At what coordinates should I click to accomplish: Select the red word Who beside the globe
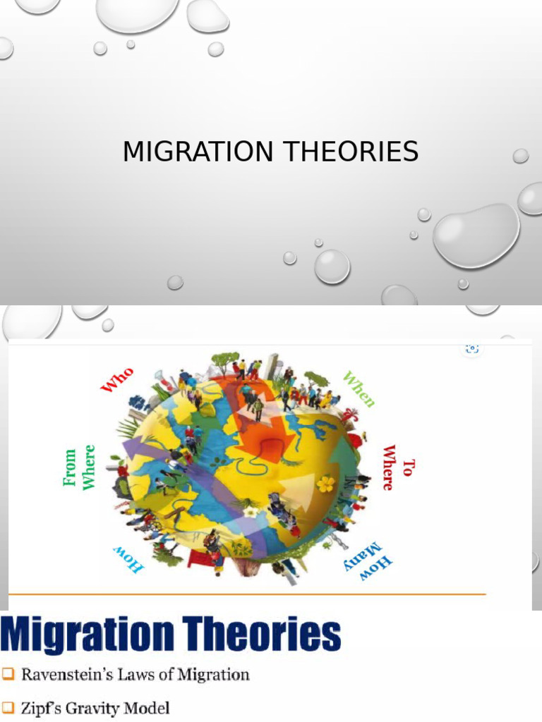[x=117, y=379]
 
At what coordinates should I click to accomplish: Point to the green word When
[x=359, y=388]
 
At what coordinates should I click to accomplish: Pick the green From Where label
[x=79, y=467]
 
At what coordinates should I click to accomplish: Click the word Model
[x=147, y=708]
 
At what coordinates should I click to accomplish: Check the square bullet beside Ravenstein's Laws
[x=8, y=675]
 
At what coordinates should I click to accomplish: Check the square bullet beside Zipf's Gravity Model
[x=8, y=708]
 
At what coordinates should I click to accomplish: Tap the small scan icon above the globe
[x=472, y=348]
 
